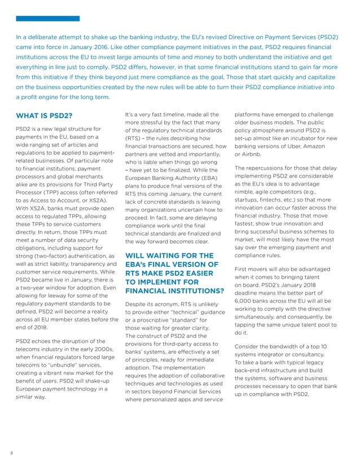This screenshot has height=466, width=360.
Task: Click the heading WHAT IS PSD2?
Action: point(45,116)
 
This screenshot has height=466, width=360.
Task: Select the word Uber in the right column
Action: point(293,147)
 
